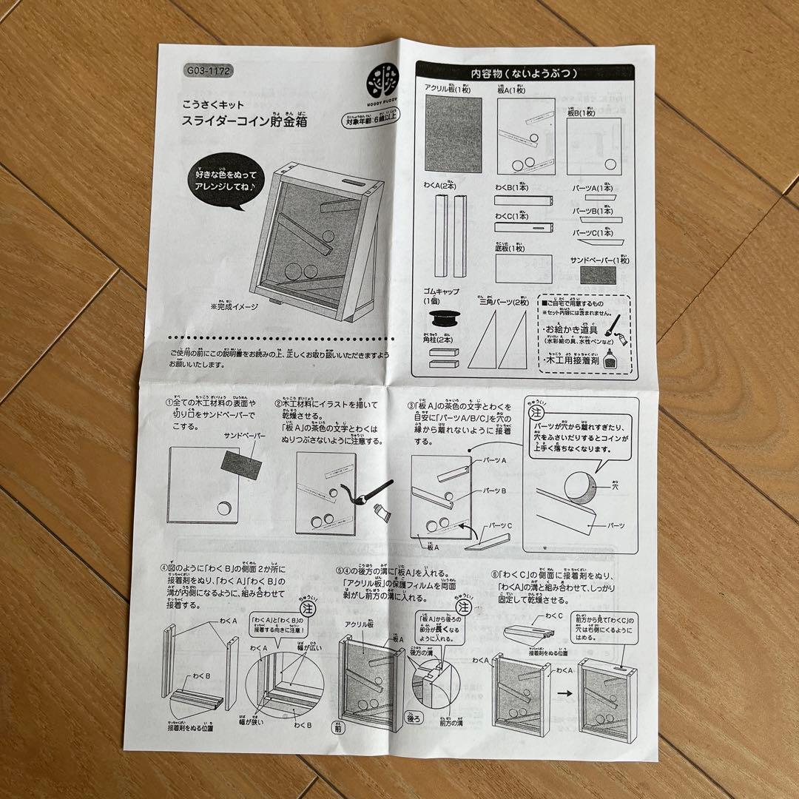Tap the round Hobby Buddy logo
[383, 76]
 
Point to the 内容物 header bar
[525, 73]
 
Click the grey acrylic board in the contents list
[453, 133]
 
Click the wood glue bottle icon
[610, 359]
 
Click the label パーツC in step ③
[497, 525]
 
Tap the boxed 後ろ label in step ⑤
[414, 717]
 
